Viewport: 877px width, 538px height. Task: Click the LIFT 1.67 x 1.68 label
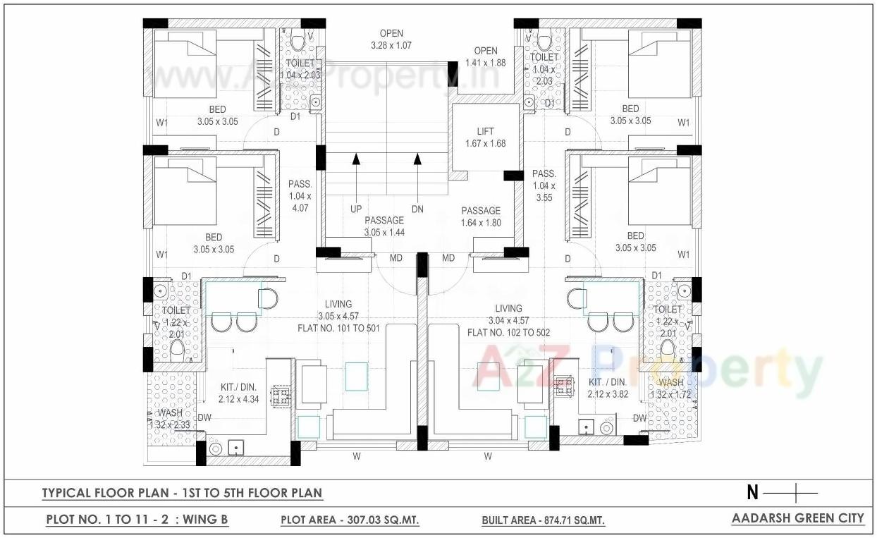pyautogui.click(x=485, y=137)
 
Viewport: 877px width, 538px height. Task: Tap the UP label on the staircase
pyautogui.click(x=356, y=209)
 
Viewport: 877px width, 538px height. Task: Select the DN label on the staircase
pyautogui.click(x=417, y=209)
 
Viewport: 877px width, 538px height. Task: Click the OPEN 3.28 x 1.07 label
pyautogui.click(x=391, y=39)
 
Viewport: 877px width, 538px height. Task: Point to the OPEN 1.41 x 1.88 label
pyautogui.click(x=486, y=56)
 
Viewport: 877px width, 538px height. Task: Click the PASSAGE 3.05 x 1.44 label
pyautogui.click(x=384, y=226)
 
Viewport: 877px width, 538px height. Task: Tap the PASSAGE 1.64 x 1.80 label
pyautogui.click(x=481, y=216)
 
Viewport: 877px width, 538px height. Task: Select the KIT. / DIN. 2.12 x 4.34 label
pyautogui.click(x=238, y=393)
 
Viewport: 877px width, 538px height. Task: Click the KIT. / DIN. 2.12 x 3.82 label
pyautogui.click(x=608, y=388)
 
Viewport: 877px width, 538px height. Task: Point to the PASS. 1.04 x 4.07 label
pyautogui.click(x=299, y=196)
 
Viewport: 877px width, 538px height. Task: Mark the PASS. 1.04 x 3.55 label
pyautogui.click(x=544, y=185)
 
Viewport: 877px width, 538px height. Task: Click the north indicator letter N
pyautogui.click(x=752, y=493)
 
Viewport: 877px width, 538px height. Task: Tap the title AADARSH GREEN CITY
pyautogui.click(x=797, y=518)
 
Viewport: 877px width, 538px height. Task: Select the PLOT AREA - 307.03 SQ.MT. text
pyautogui.click(x=350, y=520)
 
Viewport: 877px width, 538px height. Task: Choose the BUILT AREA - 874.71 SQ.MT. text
pyautogui.click(x=543, y=521)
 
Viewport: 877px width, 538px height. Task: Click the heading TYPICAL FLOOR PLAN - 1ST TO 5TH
pyautogui.click(x=182, y=493)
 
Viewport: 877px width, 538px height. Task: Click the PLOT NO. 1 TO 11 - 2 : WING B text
pyautogui.click(x=137, y=520)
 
